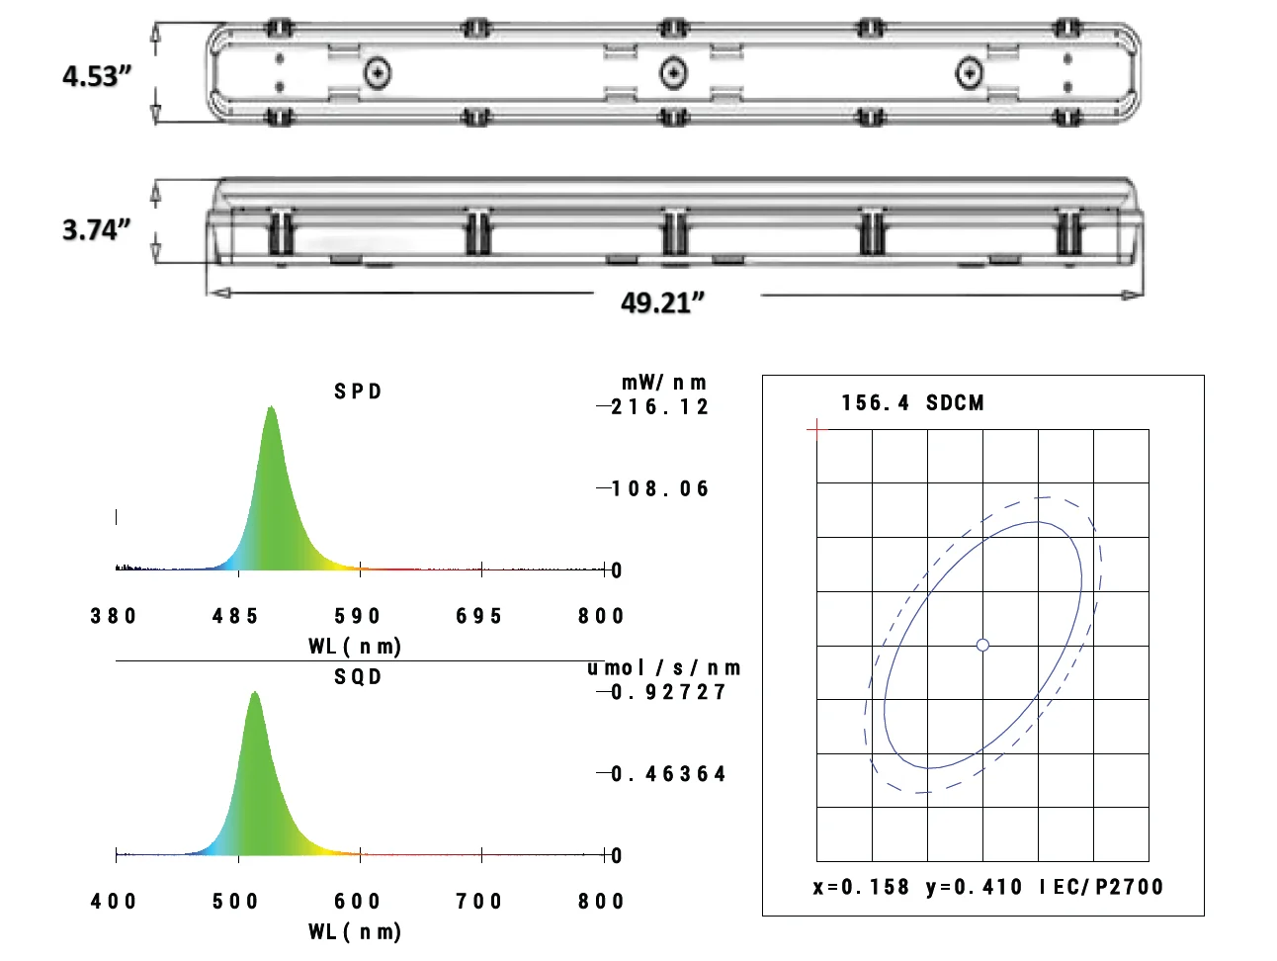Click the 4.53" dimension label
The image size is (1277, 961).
pos(97,76)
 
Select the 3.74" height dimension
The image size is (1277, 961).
pos(97,229)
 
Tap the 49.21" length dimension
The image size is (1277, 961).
pos(662,303)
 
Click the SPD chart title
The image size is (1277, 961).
pos(358,392)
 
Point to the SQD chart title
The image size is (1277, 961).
pos(358,676)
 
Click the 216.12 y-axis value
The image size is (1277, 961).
pos(659,406)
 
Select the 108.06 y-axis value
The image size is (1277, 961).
pos(659,488)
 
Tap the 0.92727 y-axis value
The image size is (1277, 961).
pos(668,692)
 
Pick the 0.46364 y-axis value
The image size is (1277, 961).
pos(668,774)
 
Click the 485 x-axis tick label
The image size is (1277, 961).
pos(235,616)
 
